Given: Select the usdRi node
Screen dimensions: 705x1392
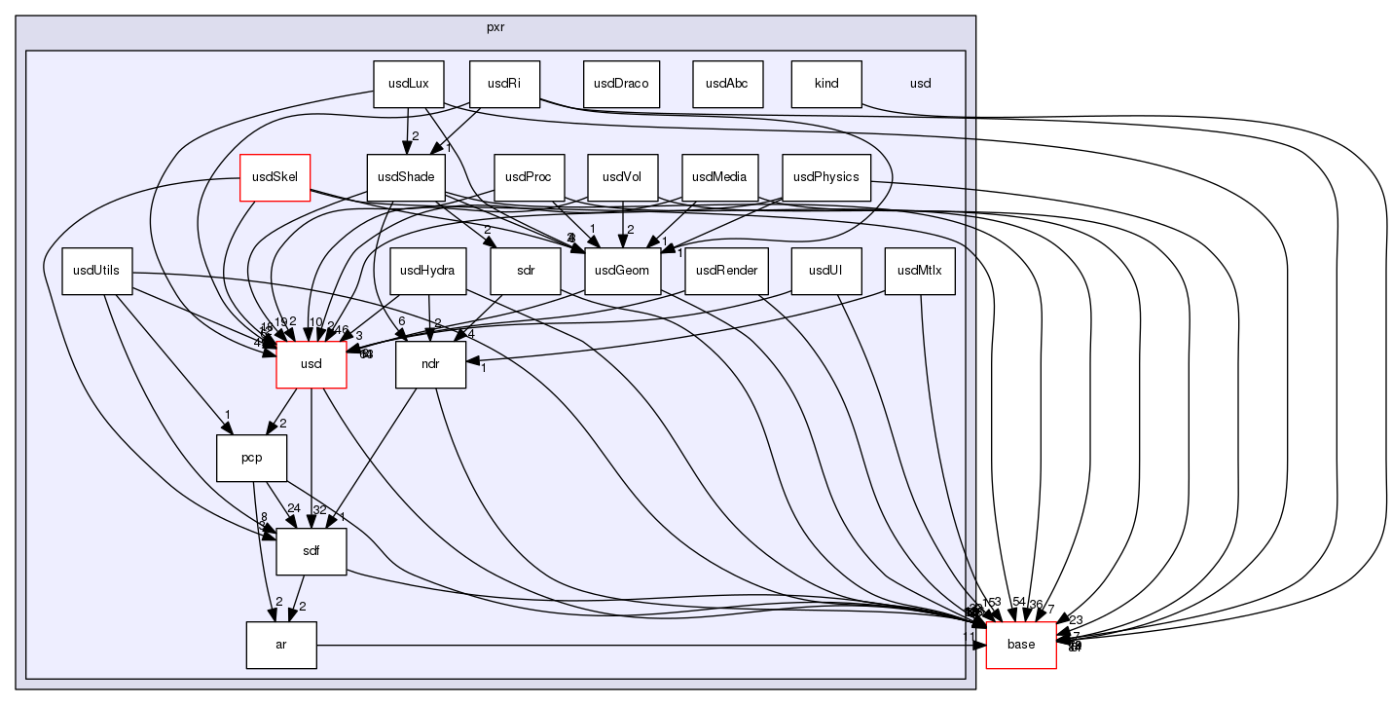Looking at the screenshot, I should pyautogui.click(x=504, y=84).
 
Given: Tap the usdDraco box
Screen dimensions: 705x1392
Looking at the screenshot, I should pyautogui.click(x=621, y=84).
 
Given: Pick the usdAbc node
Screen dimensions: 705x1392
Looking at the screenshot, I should pyautogui.click(x=727, y=84).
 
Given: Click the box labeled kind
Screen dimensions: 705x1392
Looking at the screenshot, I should pyautogui.click(x=826, y=84).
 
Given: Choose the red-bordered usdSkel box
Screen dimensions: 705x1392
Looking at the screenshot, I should pyautogui.click(x=275, y=177).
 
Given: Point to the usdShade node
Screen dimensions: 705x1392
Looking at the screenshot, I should pyautogui.click(x=406, y=177).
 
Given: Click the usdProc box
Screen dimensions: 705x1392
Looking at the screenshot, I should pyautogui.click(x=530, y=177).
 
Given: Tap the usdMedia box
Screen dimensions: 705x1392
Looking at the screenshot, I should pyautogui.click(x=719, y=177).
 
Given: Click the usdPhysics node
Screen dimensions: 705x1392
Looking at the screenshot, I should pyautogui.click(x=826, y=177).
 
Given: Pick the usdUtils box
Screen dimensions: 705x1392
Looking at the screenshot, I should pyautogui.click(x=97, y=271).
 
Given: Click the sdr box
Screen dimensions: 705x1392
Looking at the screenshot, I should pyautogui.click(x=526, y=271).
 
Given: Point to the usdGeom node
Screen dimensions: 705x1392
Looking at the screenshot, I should pyautogui.click(x=623, y=271).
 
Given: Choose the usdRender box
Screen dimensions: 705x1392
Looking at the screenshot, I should pyautogui.click(x=721, y=271).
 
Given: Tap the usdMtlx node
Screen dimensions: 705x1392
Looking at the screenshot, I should pyautogui.click(x=920, y=271).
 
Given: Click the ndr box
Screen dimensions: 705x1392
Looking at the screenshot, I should pyautogui.click(x=430, y=364).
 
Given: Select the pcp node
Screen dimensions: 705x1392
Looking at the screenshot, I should pyautogui.click(x=251, y=458).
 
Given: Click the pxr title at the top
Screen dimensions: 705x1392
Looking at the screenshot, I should pyautogui.click(x=495, y=27).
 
